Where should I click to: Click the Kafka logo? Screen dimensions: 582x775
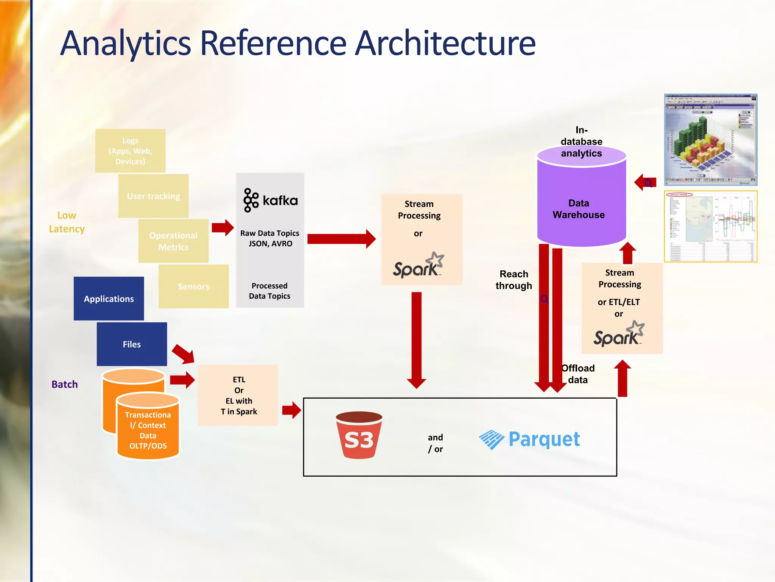coord(270,200)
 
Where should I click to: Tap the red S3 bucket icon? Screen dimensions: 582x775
coord(359,435)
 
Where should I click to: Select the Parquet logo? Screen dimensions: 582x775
coord(529,440)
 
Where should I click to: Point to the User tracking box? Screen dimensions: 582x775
coord(153,196)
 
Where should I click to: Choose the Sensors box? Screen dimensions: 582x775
coord(193,286)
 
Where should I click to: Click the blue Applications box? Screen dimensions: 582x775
coord(109,299)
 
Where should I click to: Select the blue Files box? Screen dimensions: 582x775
coord(132,344)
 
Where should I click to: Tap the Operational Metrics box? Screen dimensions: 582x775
coord(173,241)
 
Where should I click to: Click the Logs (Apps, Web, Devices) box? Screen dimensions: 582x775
coord(130,151)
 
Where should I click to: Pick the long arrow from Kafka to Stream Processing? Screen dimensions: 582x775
coord(341,239)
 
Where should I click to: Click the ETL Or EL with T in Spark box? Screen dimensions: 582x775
coord(238,395)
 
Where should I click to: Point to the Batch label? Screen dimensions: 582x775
coord(65,384)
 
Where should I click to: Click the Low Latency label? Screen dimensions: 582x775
coord(67,222)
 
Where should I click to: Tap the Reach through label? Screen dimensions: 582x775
coord(514,280)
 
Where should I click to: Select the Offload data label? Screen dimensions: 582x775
coord(578,374)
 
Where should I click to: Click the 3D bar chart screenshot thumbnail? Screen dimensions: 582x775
coord(711,139)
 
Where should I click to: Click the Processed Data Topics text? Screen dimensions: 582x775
coord(269,291)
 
